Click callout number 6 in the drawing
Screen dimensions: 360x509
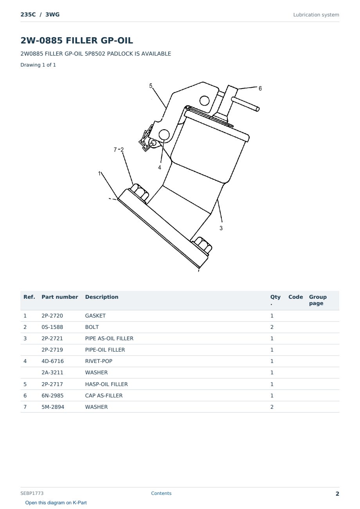(260, 88)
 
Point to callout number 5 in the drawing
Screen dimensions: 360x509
(151, 86)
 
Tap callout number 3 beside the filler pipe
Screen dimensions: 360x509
(221, 228)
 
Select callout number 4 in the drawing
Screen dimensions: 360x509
(159, 168)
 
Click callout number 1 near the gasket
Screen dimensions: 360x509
(99, 173)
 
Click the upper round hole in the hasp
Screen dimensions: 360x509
(204, 101)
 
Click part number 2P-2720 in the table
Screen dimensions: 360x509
(52, 316)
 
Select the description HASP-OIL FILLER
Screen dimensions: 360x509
(106, 384)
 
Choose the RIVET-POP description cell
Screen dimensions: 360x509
(99, 361)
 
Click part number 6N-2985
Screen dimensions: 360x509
(52, 395)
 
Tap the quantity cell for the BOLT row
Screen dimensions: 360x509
(272, 327)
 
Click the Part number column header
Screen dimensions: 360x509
(60, 297)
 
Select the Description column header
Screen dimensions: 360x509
(102, 297)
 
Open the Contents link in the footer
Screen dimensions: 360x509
(161, 493)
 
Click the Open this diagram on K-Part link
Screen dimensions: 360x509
(56, 502)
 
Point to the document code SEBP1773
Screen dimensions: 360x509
(32, 493)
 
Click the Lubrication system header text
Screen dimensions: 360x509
(316, 15)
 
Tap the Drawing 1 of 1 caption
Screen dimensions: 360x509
(38, 65)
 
